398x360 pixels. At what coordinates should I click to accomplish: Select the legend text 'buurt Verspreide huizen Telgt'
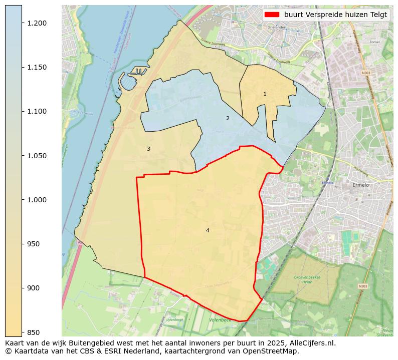tap(335, 15)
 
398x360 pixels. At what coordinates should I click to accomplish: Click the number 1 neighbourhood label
tap(265, 94)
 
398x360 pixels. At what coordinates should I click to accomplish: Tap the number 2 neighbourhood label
tap(228, 118)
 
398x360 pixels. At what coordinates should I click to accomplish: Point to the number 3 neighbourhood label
tap(148, 149)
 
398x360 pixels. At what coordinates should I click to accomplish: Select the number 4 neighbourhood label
tap(208, 230)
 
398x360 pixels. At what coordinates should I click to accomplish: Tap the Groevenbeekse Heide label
tap(304, 279)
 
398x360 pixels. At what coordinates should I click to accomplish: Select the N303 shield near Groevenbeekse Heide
tap(363, 286)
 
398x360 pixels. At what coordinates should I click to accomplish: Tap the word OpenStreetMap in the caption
tap(274, 351)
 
